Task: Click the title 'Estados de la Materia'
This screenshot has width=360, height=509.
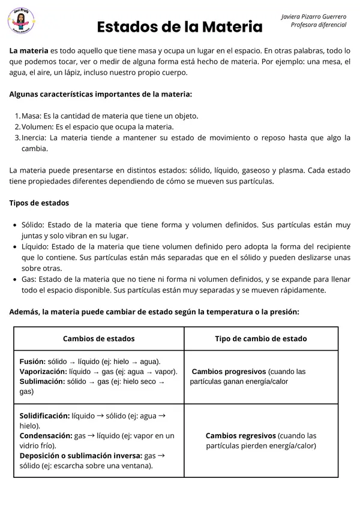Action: (179, 27)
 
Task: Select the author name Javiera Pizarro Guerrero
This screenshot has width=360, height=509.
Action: (314, 16)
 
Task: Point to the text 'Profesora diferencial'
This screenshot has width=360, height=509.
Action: (318, 25)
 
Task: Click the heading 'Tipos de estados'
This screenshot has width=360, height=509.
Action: (39, 203)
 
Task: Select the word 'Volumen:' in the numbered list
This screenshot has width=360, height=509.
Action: (37, 127)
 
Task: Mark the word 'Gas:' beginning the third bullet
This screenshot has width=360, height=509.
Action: (29, 279)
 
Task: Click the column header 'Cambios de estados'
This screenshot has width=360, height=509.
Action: (98, 339)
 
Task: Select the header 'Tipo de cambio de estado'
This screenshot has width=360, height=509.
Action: (260, 339)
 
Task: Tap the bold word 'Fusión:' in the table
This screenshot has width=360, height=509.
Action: (32, 362)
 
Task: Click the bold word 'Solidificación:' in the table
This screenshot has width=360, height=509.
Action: (44, 415)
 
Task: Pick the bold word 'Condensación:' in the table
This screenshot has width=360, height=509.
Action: (45, 436)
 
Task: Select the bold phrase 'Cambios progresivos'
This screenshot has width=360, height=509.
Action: (229, 372)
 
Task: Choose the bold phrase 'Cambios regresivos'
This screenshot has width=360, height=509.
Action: (241, 436)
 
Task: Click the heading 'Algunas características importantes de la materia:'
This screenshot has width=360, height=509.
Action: (101, 94)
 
